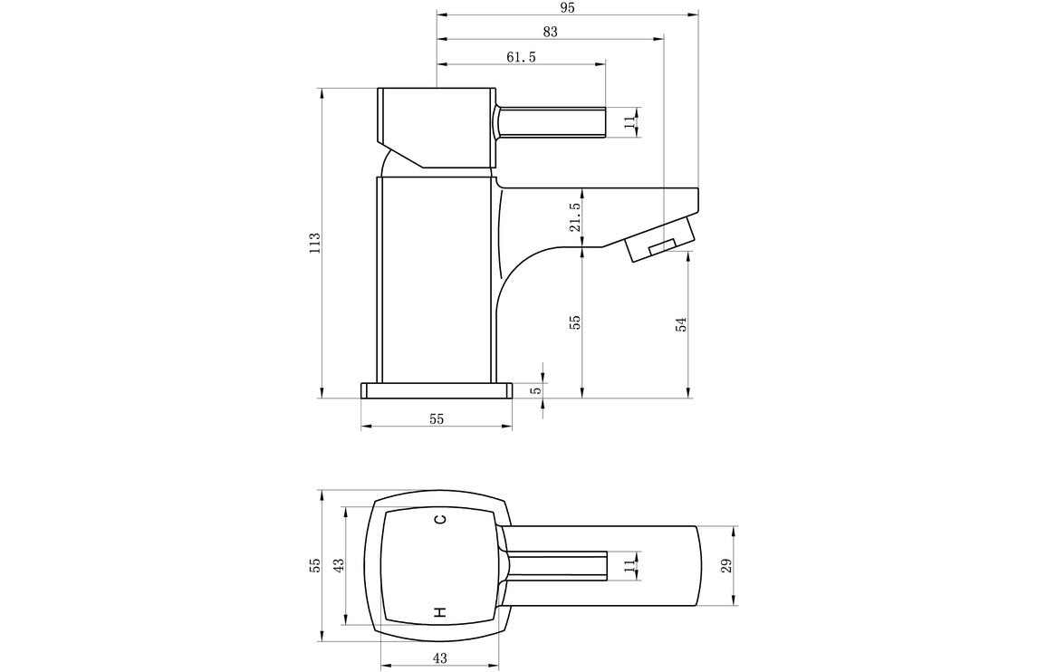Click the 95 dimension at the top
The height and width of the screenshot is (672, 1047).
coord(568,7)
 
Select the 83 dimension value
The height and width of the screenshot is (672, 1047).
coord(550,31)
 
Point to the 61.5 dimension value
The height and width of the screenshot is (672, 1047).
coord(521,56)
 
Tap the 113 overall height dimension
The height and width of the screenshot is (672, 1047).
coord(314,243)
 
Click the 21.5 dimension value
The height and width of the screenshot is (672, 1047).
coord(575,217)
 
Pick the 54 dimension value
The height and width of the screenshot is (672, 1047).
coord(681,323)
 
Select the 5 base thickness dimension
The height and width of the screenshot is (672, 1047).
coord(535,390)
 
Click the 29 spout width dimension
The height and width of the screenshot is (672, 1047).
coord(725,566)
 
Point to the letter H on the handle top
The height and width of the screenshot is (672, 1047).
coord(440,613)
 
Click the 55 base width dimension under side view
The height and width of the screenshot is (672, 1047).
coord(437,418)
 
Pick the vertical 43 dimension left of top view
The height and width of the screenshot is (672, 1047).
coord(337,565)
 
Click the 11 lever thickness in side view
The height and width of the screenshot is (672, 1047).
coord(629,122)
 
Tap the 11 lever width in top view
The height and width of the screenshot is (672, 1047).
coord(629,566)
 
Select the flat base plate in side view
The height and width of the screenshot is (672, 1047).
coord(437,390)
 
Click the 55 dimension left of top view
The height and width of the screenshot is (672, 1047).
coord(314,565)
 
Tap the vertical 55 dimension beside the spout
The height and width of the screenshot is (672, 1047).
coord(575,323)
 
